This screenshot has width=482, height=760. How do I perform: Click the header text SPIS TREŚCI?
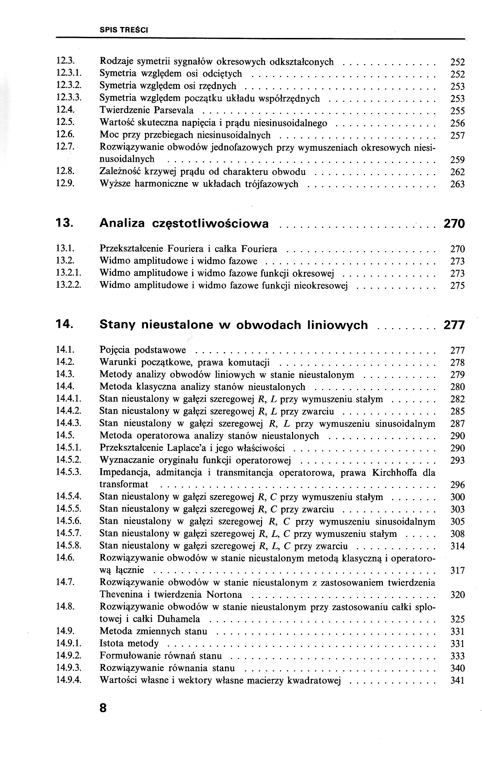pos(124,30)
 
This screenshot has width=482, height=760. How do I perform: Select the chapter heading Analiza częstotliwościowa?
pos(184,223)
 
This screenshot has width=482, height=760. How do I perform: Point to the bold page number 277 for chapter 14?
pos(454,325)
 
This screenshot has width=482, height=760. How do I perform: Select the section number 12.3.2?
pos(69,86)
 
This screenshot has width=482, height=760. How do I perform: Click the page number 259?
pos(457,160)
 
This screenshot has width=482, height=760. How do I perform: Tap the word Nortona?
pos(224,595)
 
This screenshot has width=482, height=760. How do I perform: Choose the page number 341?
pos(457,680)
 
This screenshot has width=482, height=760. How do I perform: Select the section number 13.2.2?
pos(69,285)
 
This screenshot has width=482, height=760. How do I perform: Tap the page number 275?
pos(457,286)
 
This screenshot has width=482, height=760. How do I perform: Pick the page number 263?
pos(457,184)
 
